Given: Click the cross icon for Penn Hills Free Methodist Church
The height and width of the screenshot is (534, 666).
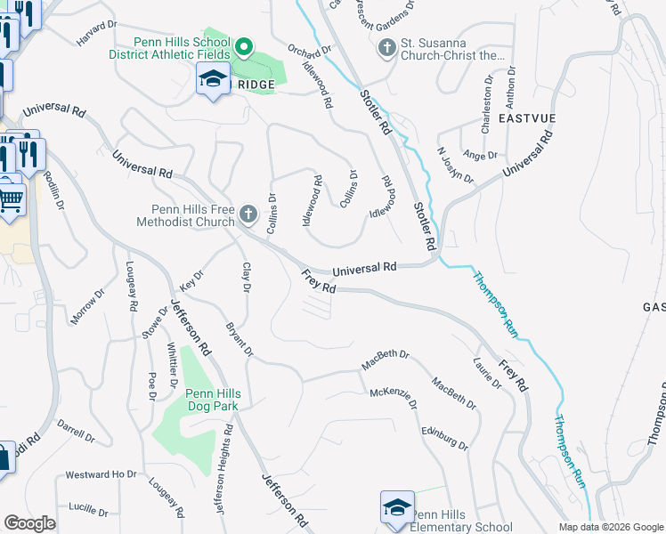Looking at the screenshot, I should tap(248, 214).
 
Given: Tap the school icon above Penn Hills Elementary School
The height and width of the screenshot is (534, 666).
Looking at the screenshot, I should tap(396, 507).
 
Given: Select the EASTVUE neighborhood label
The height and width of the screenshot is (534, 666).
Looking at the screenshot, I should tap(528, 117).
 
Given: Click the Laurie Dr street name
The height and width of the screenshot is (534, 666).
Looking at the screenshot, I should tap(488, 371).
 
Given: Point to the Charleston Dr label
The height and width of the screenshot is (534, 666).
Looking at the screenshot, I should tap(486, 111).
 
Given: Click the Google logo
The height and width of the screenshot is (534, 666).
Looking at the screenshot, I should tap(29, 523).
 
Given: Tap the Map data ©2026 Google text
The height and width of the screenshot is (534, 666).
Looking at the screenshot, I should tap(610, 527).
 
